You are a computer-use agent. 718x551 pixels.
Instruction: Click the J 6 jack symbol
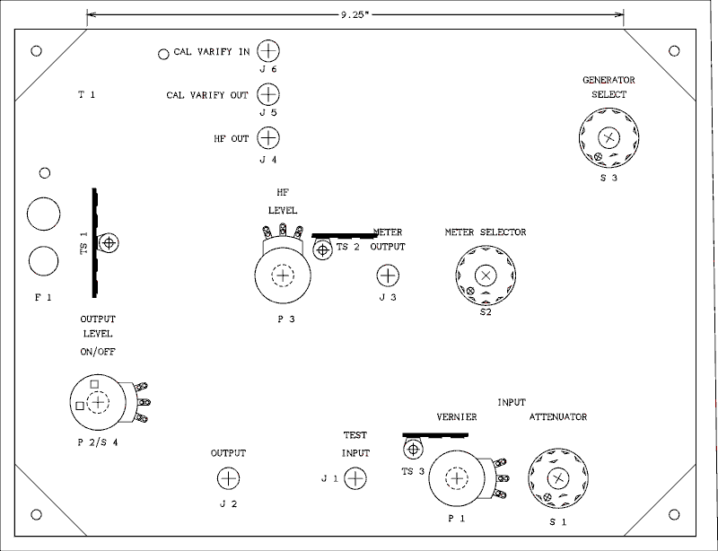point(268,50)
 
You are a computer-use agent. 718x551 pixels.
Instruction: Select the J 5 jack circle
point(268,93)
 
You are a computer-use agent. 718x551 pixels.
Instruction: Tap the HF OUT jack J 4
point(268,137)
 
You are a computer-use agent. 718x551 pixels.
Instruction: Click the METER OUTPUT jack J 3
point(387,275)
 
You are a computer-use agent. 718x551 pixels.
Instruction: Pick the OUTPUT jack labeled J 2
point(229,478)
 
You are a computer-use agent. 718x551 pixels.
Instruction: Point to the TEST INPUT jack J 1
point(355,478)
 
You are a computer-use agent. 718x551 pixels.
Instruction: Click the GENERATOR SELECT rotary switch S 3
point(609,137)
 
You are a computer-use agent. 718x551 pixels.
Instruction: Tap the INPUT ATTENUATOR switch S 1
point(558,478)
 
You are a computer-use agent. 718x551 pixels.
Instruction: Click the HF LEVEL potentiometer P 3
point(283,275)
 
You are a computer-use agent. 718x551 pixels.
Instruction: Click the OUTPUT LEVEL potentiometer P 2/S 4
point(98,402)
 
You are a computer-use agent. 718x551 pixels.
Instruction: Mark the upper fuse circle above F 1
point(43,214)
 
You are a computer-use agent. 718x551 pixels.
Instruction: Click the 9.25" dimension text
point(354,15)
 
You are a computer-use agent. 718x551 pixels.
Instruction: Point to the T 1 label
point(86,94)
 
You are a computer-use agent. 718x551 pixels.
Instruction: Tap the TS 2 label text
point(347,247)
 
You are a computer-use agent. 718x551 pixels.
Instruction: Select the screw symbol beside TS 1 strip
point(109,243)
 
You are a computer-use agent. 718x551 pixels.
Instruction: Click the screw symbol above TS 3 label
point(414,448)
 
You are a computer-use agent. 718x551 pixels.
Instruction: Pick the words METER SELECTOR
point(486,232)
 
